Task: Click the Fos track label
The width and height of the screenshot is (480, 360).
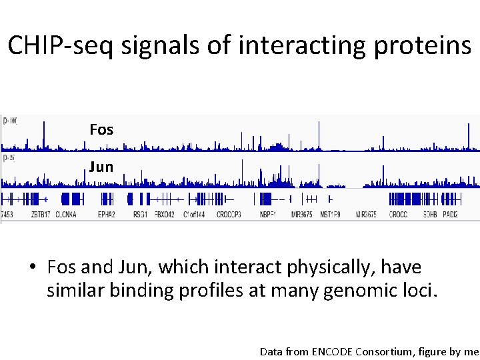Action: click(101, 130)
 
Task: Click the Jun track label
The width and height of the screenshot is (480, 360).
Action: click(101, 167)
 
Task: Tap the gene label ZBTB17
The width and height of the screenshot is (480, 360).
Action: click(41, 215)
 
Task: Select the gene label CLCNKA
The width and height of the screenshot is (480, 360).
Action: click(66, 215)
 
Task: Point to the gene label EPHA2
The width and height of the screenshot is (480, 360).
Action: click(107, 215)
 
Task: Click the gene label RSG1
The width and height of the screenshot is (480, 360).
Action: click(140, 215)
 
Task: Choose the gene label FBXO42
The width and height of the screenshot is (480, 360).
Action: click(164, 215)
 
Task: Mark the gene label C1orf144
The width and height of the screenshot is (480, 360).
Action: click(194, 215)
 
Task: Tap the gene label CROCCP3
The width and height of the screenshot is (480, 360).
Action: click(229, 215)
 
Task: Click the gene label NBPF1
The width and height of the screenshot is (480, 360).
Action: click(268, 215)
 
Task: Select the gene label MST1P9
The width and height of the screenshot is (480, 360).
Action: click(330, 215)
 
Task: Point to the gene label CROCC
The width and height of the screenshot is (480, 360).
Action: click(398, 215)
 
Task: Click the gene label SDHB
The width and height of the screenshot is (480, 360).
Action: click(431, 215)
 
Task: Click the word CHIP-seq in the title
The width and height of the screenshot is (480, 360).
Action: click(67, 45)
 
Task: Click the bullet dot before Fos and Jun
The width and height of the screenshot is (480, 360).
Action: click(32, 268)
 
